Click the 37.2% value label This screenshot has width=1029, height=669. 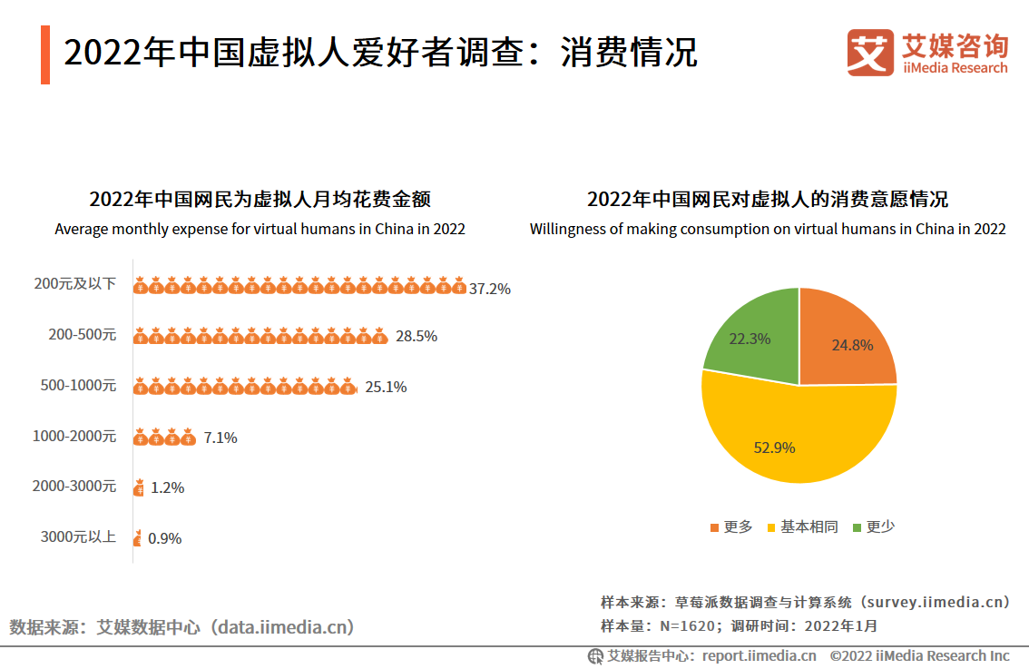[490, 289]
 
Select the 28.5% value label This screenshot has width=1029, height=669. [416, 336]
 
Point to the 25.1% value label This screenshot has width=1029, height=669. [386, 387]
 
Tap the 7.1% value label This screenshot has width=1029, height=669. [220, 438]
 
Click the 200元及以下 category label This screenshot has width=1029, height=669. [75, 283]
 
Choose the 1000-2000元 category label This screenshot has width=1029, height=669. [74, 436]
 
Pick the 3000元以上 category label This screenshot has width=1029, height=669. [78, 536]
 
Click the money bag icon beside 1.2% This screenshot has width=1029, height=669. [139, 488]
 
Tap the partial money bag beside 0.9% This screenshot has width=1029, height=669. [137, 538]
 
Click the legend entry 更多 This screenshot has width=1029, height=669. [731, 527]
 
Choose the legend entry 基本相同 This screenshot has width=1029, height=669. [802, 527]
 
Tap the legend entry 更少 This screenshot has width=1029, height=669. [874, 527]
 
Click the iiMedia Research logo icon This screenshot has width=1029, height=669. [870, 53]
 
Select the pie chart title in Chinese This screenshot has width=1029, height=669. [767, 200]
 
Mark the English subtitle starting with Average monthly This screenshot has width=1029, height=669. [260, 229]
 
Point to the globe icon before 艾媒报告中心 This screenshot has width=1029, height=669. [595, 655]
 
